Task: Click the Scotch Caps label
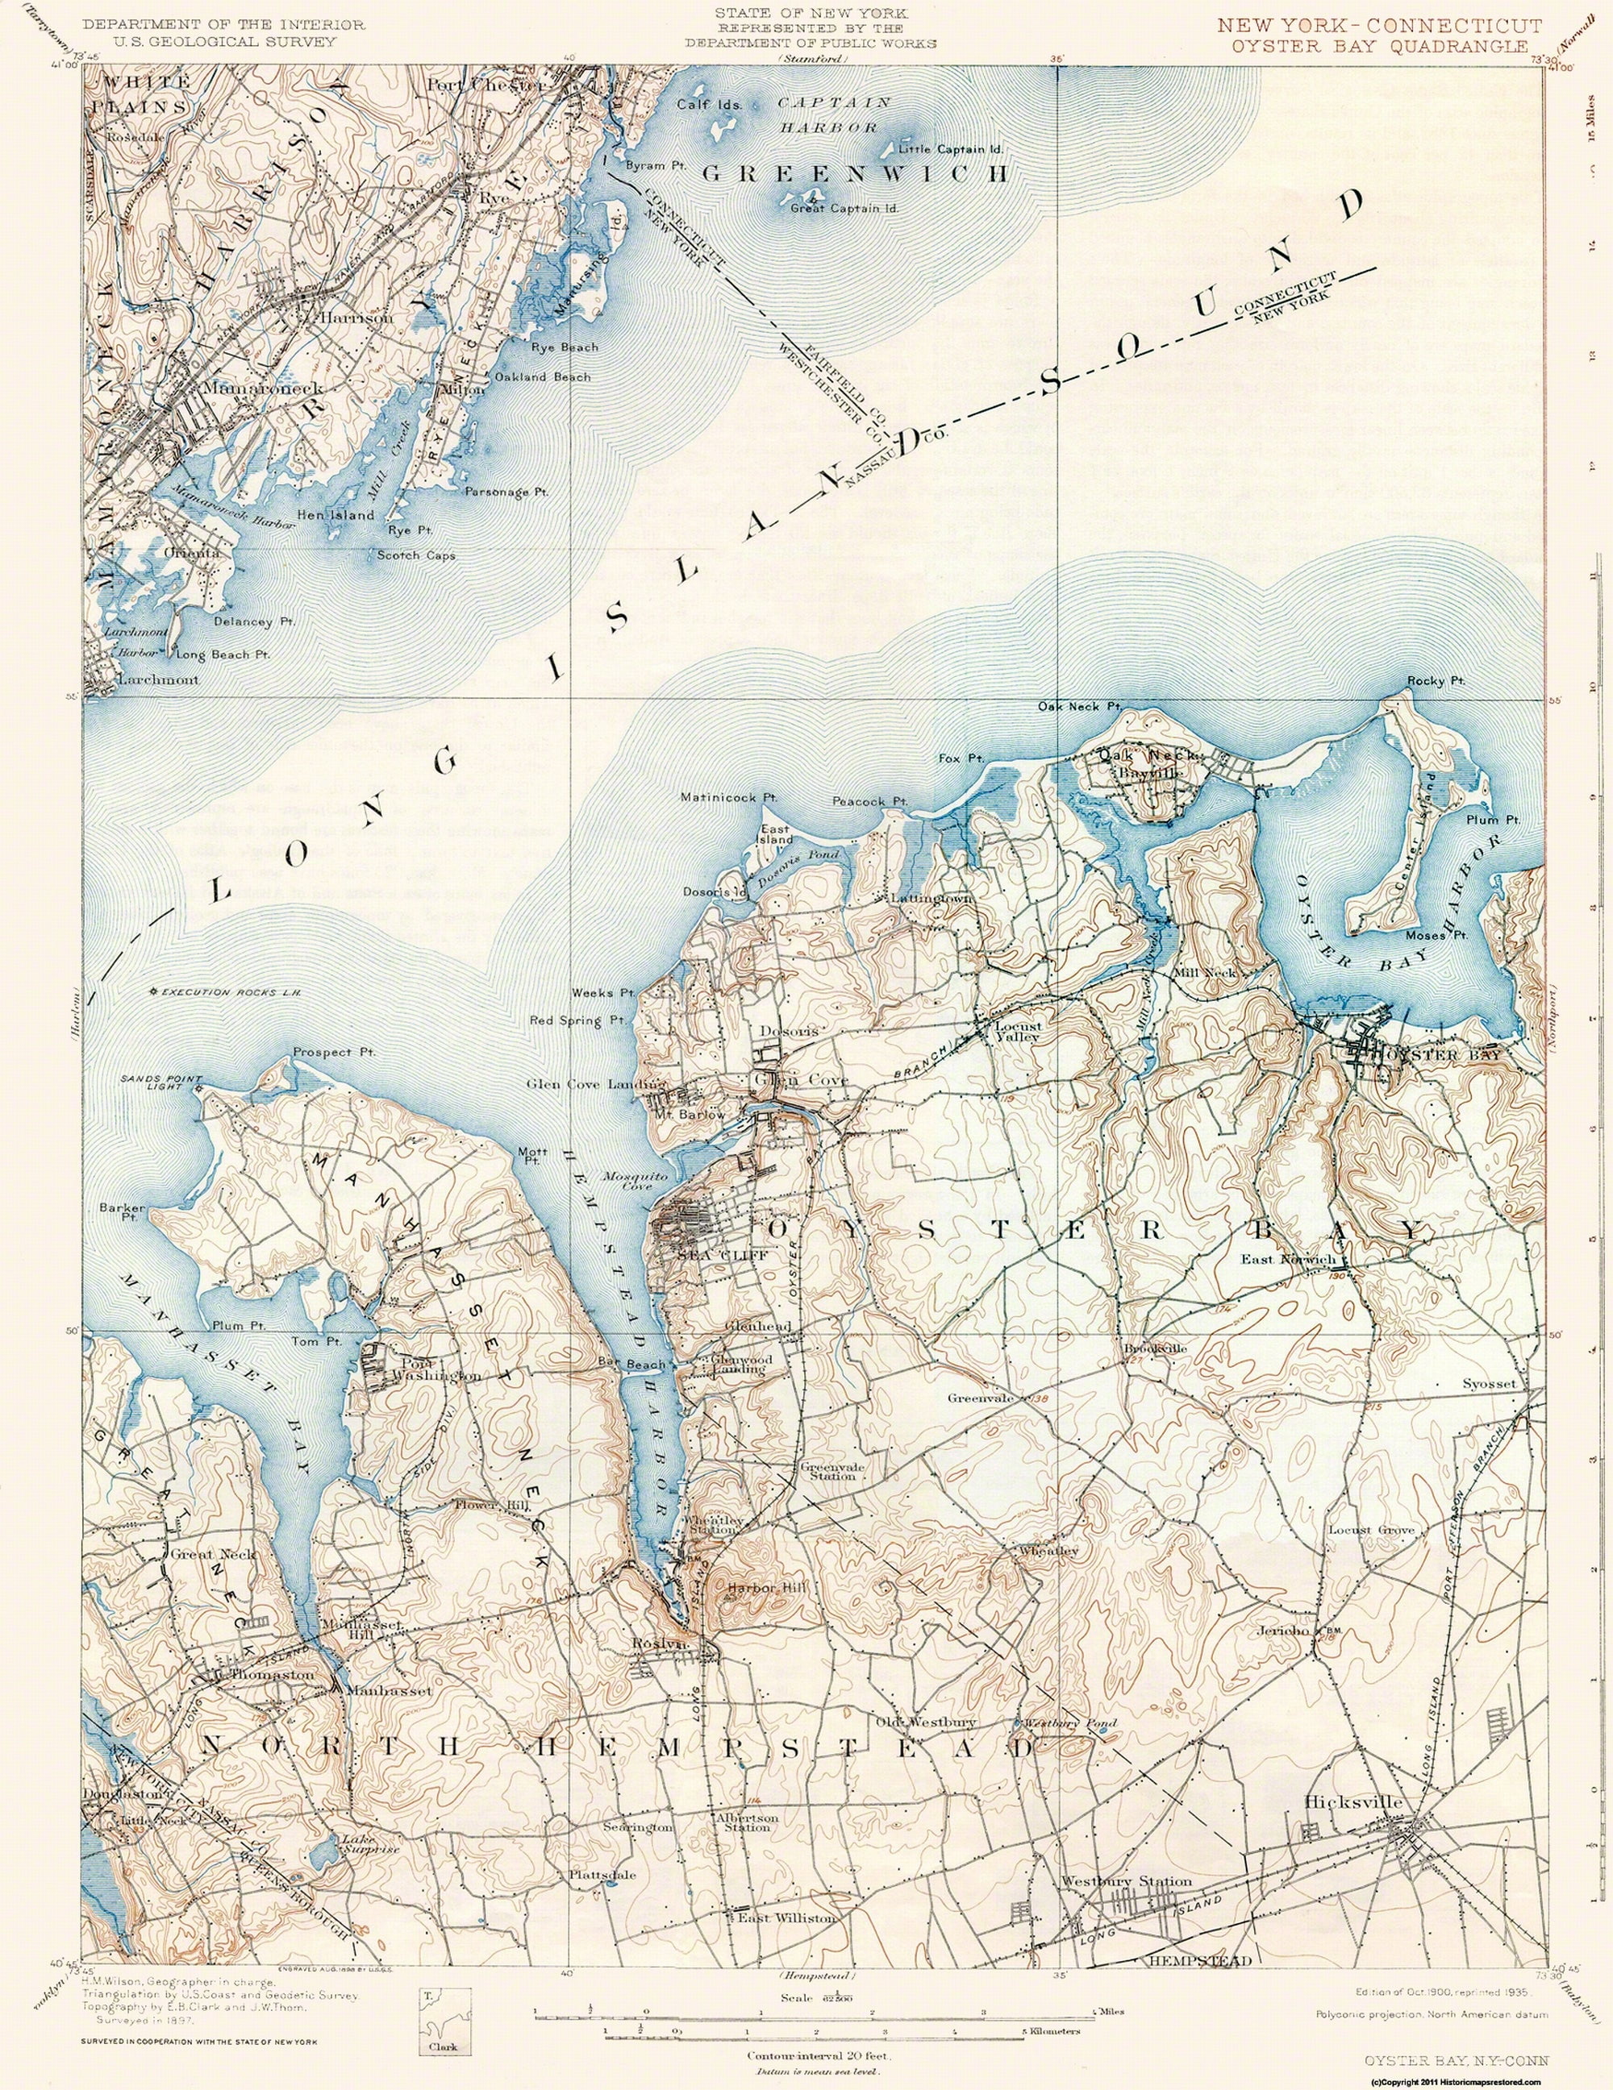[415, 555]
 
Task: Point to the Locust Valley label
[1018, 1031]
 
